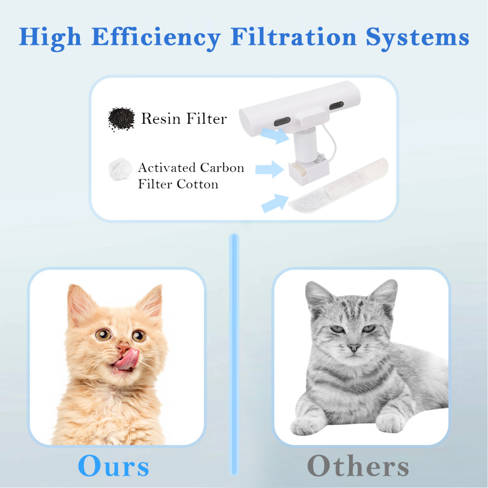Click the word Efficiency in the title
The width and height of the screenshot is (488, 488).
click(156, 38)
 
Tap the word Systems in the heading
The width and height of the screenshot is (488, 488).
click(418, 38)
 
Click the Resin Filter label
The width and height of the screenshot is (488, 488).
click(184, 119)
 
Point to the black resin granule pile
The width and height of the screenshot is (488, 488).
click(121, 119)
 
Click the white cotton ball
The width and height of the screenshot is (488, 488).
click(120, 169)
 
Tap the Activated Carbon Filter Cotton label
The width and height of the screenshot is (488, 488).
click(191, 176)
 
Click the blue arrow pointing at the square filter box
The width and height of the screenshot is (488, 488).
click(270, 169)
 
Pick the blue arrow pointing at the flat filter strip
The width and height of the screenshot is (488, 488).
click(275, 203)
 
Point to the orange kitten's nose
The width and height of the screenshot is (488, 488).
click(123, 348)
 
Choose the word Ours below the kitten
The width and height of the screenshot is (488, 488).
click(113, 466)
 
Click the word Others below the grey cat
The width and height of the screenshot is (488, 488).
click(358, 466)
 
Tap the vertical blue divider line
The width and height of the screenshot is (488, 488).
click(234, 355)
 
